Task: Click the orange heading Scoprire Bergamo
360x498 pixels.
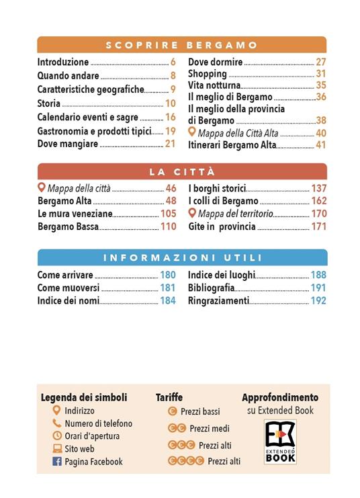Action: [182, 45]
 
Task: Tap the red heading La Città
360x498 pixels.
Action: [182, 171]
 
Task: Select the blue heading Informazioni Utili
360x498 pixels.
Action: [182, 257]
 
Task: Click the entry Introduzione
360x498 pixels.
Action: [63, 62]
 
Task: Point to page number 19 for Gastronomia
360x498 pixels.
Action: [171, 131]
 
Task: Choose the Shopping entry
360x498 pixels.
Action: [207, 74]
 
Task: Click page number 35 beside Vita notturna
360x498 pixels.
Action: [321, 85]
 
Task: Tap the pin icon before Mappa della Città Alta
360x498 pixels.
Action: [192, 132]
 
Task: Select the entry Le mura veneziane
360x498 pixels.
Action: [75, 214]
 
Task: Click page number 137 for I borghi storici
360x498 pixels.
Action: [319, 188]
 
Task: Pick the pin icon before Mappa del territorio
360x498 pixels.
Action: [192, 214]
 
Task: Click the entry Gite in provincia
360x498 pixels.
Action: [222, 226]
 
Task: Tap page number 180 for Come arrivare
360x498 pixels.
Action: [168, 276]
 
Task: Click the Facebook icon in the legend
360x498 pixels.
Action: [57, 462]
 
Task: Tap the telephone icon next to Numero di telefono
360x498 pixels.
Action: [57, 423]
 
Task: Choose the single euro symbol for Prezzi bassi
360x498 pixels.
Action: [172, 411]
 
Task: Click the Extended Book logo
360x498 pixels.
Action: [279, 442]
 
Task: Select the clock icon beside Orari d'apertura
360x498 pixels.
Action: [57, 436]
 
